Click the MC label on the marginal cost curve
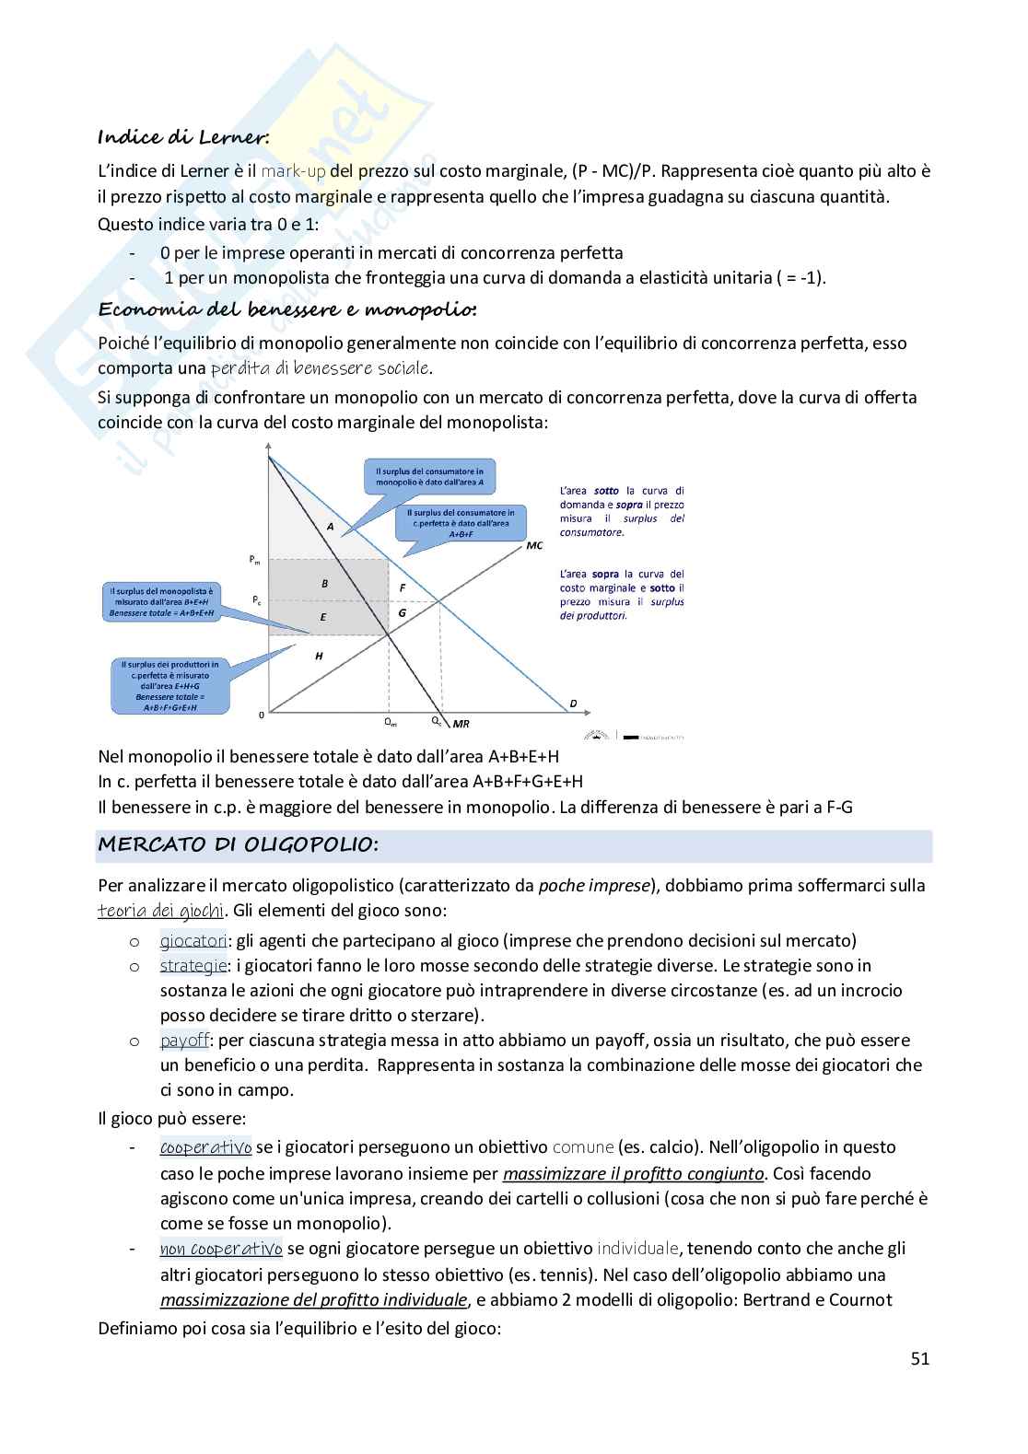click(x=534, y=545)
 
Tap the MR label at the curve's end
click(x=461, y=724)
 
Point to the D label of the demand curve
click(x=573, y=704)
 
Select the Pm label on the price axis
click(x=255, y=560)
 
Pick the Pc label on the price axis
click(x=257, y=599)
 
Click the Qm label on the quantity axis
click(x=390, y=723)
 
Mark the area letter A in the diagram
click(x=329, y=526)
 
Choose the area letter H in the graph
click(x=319, y=656)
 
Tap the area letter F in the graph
click(x=402, y=587)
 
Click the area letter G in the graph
click(x=402, y=612)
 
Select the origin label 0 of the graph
click(x=261, y=714)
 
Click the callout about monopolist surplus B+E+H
click(x=161, y=601)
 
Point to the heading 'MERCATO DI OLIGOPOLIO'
click(x=238, y=844)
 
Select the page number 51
click(x=919, y=1358)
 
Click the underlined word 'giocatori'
click(x=193, y=941)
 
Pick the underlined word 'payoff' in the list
click(x=185, y=1041)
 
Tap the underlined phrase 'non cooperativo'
click(x=221, y=1250)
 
